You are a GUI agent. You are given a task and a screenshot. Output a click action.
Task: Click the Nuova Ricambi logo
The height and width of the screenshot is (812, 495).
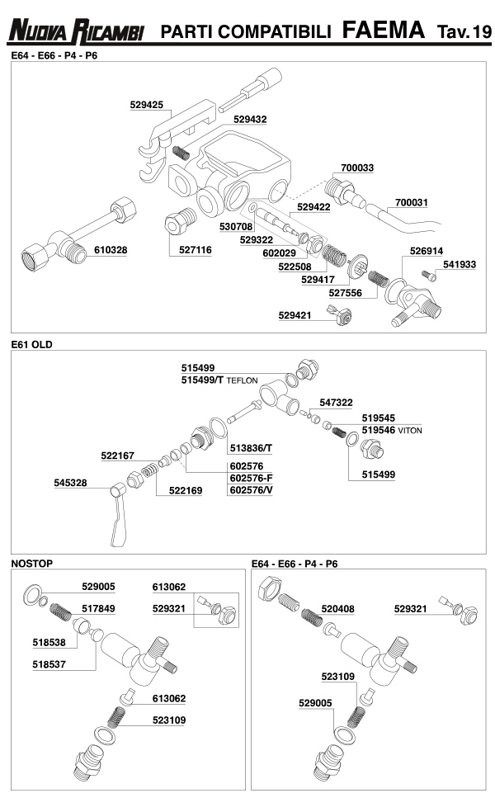pyautogui.click(x=76, y=31)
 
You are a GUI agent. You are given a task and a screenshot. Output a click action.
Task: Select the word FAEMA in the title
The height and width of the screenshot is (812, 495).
pyautogui.click(x=384, y=31)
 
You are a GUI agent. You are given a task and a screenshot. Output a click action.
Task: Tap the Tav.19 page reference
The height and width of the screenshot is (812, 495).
pyautogui.click(x=463, y=32)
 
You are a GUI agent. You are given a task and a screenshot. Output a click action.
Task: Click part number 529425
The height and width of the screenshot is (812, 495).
pyautogui.click(x=147, y=105)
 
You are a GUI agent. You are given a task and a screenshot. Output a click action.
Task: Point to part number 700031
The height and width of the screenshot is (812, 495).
pyautogui.click(x=412, y=202)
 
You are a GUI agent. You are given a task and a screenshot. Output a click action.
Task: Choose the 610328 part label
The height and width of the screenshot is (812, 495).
pyautogui.click(x=111, y=249)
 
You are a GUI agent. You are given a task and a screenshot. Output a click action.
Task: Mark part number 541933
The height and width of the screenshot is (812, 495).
pyautogui.click(x=460, y=265)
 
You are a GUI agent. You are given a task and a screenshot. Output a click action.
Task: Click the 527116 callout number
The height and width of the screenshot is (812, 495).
pyautogui.click(x=195, y=249)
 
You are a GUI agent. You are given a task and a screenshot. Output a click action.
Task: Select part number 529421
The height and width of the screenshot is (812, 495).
pyautogui.click(x=295, y=315)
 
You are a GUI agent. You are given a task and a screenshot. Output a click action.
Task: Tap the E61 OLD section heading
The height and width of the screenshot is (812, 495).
pyautogui.click(x=31, y=344)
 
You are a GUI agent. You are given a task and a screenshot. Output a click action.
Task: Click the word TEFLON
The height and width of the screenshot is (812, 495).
pyautogui.click(x=243, y=380)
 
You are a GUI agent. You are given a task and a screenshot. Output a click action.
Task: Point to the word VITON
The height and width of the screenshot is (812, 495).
pyautogui.click(x=410, y=431)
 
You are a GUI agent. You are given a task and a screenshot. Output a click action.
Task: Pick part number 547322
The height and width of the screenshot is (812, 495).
pyautogui.click(x=336, y=402)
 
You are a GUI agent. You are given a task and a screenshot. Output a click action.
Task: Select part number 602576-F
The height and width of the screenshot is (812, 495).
pyautogui.click(x=251, y=478)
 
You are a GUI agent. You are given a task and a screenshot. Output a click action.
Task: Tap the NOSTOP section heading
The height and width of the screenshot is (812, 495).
pyautogui.click(x=31, y=564)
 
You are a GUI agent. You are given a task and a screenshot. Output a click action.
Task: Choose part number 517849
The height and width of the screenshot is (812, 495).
pyautogui.click(x=98, y=608)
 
